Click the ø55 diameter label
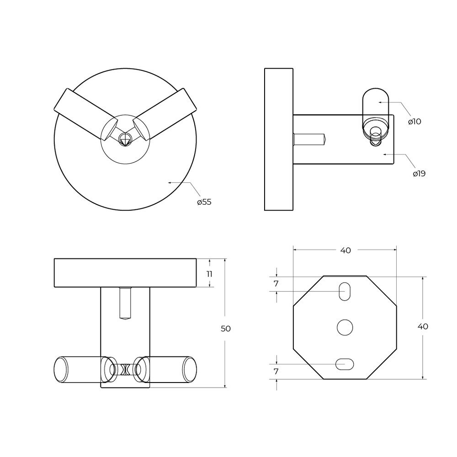point(204,202)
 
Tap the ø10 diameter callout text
point(414,122)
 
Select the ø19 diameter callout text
point(419,174)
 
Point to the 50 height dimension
point(226,329)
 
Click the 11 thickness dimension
point(209,274)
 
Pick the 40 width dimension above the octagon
point(345,250)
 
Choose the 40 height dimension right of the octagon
point(423,326)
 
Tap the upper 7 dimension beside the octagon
point(276,284)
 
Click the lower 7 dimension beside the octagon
point(276,372)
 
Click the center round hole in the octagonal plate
point(345,327)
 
